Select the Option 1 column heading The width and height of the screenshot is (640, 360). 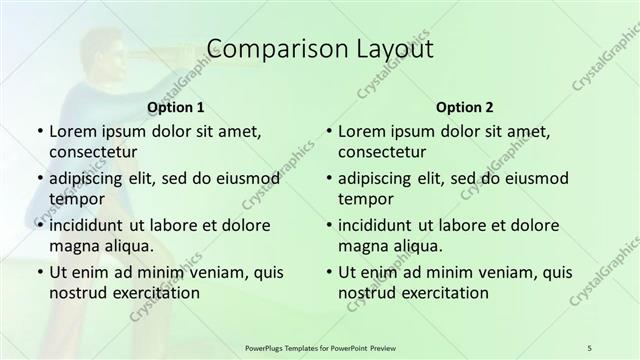[x=176, y=107]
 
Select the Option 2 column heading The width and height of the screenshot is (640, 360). [x=464, y=107]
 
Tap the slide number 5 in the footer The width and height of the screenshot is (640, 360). [x=589, y=347]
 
